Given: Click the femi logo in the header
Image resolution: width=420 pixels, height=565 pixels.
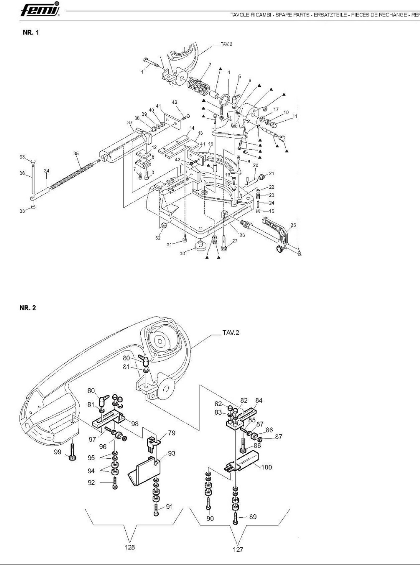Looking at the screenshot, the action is (40, 10).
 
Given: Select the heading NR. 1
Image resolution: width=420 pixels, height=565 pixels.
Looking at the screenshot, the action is (31, 33).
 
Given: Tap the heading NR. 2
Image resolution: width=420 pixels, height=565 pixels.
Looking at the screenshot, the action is (28, 308).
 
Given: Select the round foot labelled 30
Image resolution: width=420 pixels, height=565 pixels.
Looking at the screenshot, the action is (200, 246).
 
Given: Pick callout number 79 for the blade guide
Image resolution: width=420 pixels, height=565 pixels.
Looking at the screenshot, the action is (172, 433).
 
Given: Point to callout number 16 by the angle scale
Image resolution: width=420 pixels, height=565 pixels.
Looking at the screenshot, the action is (211, 144).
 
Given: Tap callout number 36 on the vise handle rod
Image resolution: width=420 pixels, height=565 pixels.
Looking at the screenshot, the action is (22, 173).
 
